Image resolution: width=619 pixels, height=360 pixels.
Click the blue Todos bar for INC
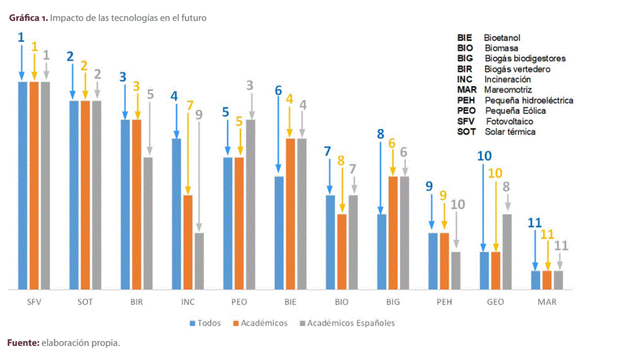coord(177,214)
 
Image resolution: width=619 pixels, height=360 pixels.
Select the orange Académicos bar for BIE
coord(290,214)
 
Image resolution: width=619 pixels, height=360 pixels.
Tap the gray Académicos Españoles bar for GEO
coord(507,251)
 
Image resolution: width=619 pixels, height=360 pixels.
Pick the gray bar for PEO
coord(251,204)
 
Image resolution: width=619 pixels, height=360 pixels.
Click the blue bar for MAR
coord(535,280)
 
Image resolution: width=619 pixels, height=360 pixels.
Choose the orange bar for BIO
coord(341,251)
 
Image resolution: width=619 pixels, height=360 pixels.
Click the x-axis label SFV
coord(34,302)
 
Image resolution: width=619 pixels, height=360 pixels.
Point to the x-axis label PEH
coord(444,302)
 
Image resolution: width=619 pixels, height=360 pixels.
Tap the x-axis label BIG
coord(393,302)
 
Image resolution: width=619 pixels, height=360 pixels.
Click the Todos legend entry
coord(205,323)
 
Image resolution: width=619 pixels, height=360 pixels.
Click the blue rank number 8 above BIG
coord(380,134)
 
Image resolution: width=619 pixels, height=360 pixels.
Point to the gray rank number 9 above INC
coord(198,114)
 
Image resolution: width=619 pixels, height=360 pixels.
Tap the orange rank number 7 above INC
coord(189,106)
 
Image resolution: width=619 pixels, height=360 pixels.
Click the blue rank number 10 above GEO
coord(484,156)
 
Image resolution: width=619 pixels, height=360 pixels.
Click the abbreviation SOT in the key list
coord(466,131)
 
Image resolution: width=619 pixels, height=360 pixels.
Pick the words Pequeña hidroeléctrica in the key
coord(529,100)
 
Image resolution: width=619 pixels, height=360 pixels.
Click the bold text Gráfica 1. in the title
coord(28,18)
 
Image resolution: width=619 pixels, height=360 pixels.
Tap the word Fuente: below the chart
coord(24,343)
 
